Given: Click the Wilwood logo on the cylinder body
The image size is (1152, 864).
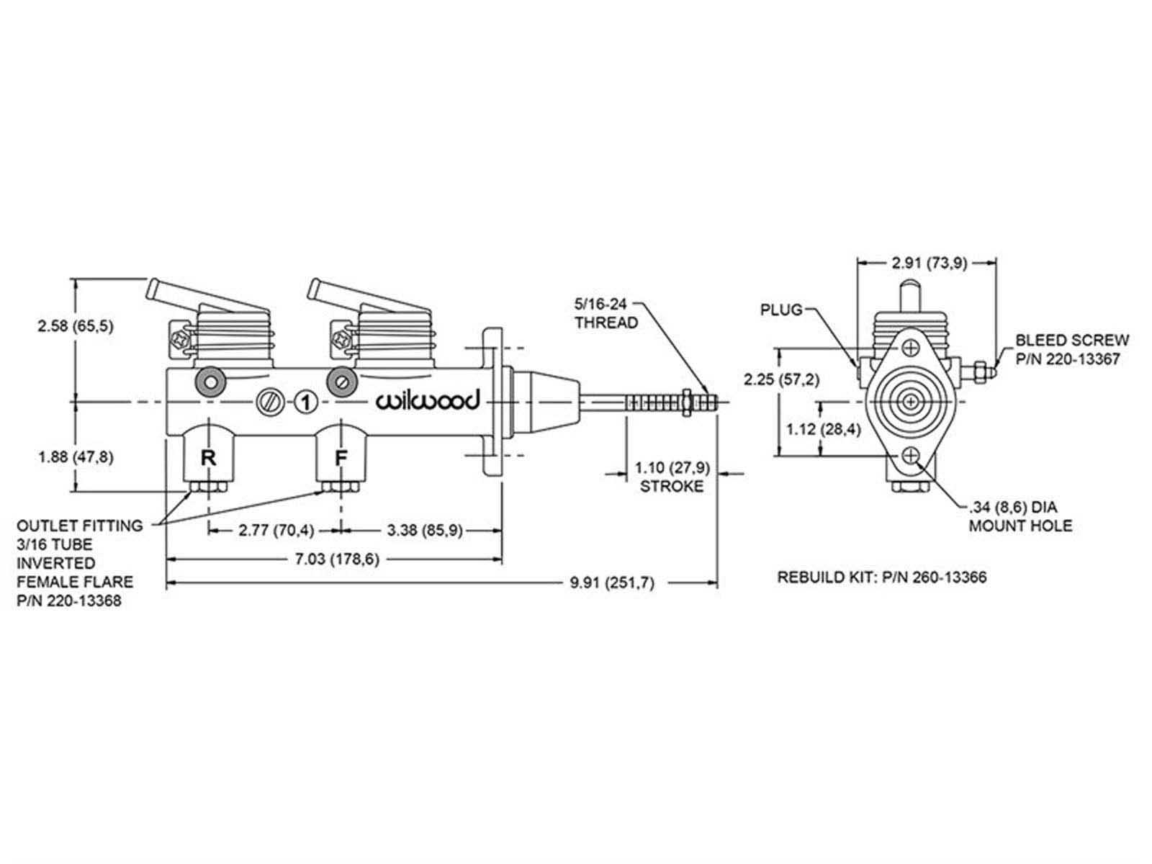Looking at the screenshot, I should pos(427,401).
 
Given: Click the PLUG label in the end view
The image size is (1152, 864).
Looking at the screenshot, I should pos(780,310).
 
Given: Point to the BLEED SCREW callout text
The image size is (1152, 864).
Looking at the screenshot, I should pos(1072,348).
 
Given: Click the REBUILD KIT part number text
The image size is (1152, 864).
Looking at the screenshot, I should pos(881,577).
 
